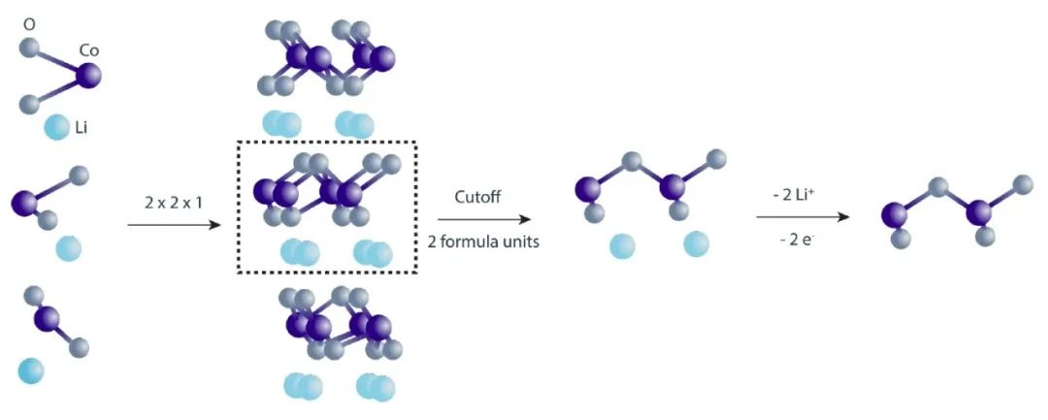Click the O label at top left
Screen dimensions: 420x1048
(x=30, y=21)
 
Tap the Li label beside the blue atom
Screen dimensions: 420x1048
(x=82, y=126)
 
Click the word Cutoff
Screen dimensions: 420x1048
(x=477, y=196)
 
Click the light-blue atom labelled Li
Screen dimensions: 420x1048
(x=56, y=126)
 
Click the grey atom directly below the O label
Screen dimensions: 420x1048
(x=31, y=46)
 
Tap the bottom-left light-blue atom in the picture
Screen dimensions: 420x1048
(x=31, y=370)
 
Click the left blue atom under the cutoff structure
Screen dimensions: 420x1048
(x=622, y=245)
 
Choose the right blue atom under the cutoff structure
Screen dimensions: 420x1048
(x=696, y=243)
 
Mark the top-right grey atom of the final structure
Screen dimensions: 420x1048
(x=1022, y=181)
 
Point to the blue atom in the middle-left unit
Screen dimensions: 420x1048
(x=69, y=248)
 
